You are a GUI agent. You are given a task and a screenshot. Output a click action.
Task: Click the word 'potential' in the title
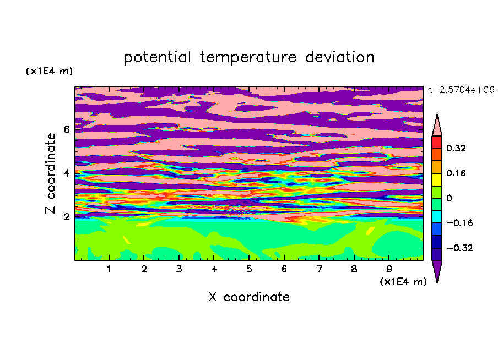pyautogui.click(x=157, y=58)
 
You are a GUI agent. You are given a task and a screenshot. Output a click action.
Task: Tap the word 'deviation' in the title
pyautogui.click(x=340, y=57)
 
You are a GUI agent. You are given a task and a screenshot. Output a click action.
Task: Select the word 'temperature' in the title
pyautogui.click(x=248, y=58)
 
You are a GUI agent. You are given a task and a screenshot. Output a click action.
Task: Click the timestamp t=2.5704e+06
pyautogui.click(x=461, y=90)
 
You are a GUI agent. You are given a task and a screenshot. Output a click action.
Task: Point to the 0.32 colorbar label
pyautogui.click(x=456, y=148)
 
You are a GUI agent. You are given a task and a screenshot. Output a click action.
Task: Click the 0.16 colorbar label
pyautogui.click(x=456, y=173)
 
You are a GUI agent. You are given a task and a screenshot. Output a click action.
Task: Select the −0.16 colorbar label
pyautogui.click(x=459, y=223)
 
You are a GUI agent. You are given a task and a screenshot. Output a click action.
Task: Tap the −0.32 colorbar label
pyautogui.click(x=459, y=248)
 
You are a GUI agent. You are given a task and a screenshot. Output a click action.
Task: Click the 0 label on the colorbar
pyautogui.click(x=449, y=198)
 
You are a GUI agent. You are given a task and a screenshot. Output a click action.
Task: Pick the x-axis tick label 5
pyautogui.click(x=249, y=269)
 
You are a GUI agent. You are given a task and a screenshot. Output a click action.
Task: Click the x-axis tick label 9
pyautogui.click(x=389, y=269)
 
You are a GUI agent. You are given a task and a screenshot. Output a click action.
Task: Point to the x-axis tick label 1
pyautogui.click(x=109, y=269)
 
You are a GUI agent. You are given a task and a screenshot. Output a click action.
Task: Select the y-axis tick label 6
pyautogui.click(x=66, y=129)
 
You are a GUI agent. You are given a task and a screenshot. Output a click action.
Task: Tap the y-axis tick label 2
pyautogui.click(x=66, y=217)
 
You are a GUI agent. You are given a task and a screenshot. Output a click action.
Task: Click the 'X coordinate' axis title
pyautogui.click(x=249, y=297)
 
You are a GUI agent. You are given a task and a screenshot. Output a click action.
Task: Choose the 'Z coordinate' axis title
pyautogui.click(x=51, y=173)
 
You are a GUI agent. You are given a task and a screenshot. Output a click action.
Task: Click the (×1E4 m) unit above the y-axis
pyautogui.click(x=49, y=71)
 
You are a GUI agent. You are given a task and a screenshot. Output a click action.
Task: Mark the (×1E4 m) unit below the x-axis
pyautogui.click(x=403, y=281)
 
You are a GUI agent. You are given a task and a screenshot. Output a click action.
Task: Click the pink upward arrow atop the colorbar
pyautogui.click(x=437, y=125)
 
